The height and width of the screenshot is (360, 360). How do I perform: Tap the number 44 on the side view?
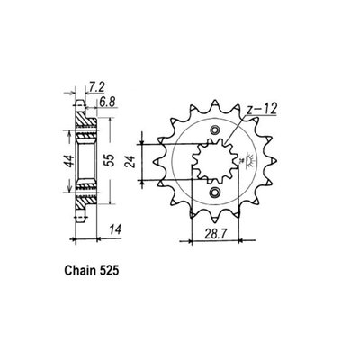tap(65, 162)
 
